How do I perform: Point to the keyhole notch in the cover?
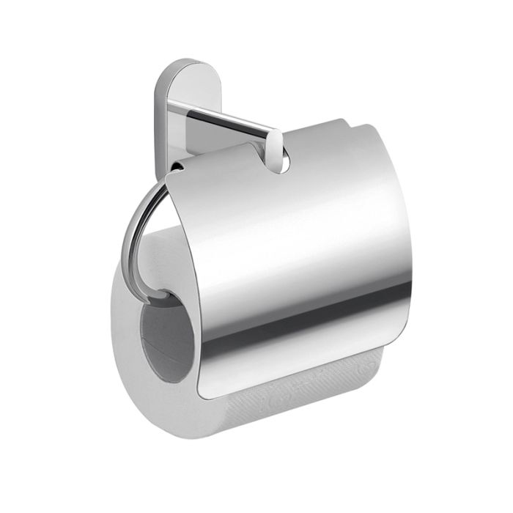coord(281,161)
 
